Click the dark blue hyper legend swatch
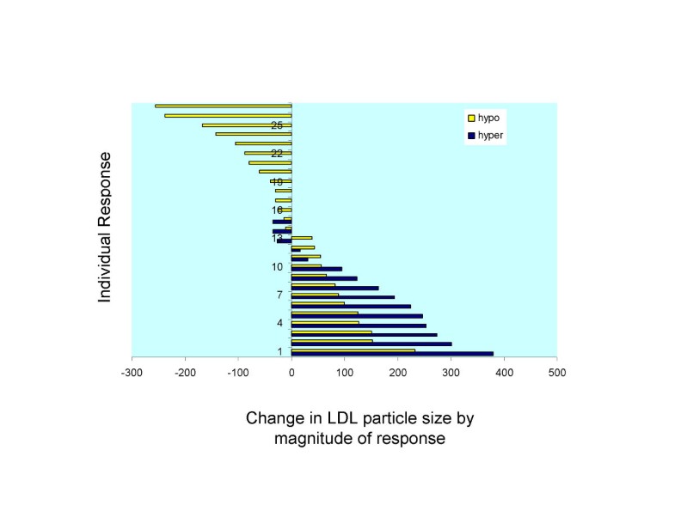pyautogui.click(x=469, y=136)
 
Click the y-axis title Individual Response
pyautogui.click(x=105, y=228)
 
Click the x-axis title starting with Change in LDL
pyautogui.click(x=360, y=428)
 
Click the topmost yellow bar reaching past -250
pyautogui.click(x=223, y=106)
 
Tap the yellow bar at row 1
pyautogui.click(x=353, y=350)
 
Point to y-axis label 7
pyautogui.click(x=279, y=295)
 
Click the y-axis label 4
pyautogui.click(x=279, y=324)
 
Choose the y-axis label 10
pyautogui.click(x=277, y=267)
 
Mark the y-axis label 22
pyautogui.click(x=277, y=154)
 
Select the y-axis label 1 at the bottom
pyautogui.click(x=280, y=352)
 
